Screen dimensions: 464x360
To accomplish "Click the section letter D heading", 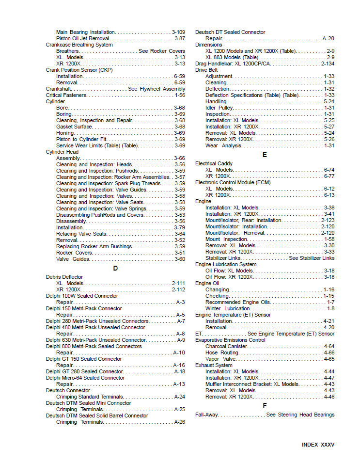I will click(115, 268).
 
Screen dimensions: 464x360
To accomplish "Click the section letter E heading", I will click(265, 155).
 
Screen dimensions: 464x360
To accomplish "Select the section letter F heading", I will click(265, 405).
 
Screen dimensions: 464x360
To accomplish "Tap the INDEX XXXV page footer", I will click(318, 445).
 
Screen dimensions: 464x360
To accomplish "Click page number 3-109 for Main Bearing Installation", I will click(178, 32).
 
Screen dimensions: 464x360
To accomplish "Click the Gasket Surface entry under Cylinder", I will click(74, 127).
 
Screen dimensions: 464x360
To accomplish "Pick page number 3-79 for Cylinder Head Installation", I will click(179, 227).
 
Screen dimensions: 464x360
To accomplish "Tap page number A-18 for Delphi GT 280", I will click(179, 371).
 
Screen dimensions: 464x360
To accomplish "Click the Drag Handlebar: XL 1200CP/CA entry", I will click(233, 64).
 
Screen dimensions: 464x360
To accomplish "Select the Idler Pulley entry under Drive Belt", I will click(219, 108).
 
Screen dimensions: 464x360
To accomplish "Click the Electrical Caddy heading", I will click(214, 164).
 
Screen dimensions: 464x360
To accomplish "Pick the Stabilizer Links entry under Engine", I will click(223, 258).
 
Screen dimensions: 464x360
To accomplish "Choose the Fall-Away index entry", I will click(206, 415).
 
